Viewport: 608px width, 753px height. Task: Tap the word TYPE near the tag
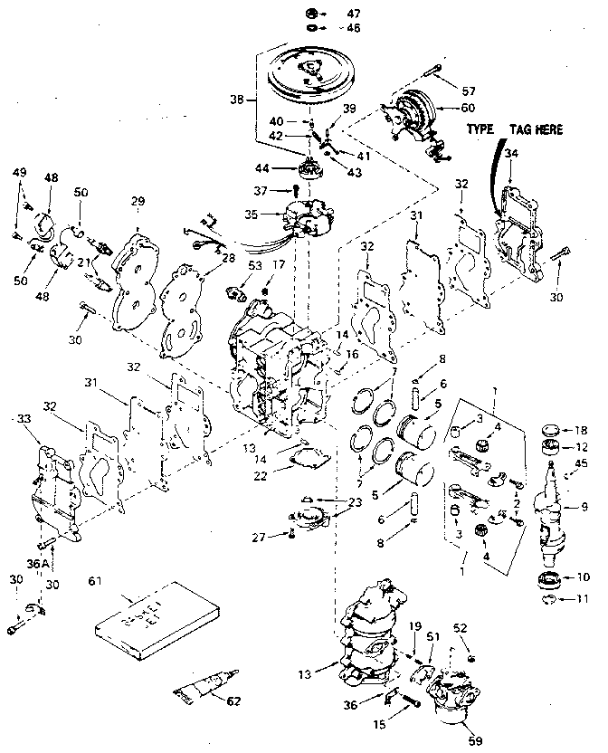[480, 129]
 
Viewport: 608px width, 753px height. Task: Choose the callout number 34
[512, 155]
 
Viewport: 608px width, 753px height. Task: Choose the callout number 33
[23, 419]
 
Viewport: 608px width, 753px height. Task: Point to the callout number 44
[262, 168]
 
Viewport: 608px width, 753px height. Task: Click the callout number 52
[461, 628]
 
